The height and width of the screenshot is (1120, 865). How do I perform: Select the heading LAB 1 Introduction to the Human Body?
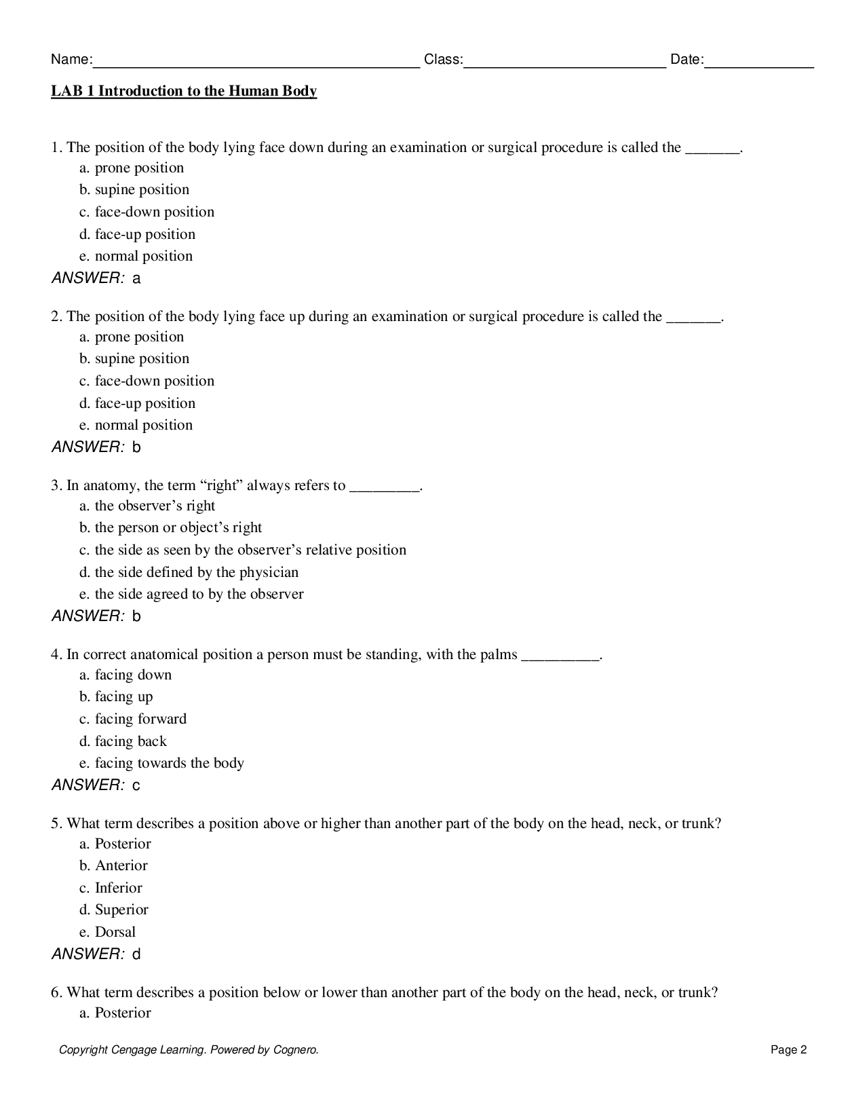pyautogui.click(x=184, y=91)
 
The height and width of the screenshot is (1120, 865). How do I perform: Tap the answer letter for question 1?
pyautogui.click(x=136, y=278)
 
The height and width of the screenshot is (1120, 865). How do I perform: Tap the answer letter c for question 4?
pyautogui.click(x=136, y=785)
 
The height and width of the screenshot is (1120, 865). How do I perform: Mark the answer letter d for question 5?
pyautogui.click(x=136, y=954)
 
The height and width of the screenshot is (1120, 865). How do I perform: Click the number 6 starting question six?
pyautogui.click(x=55, y=992)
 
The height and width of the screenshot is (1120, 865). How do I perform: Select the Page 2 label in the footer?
pyautogui.click(x=788, y=1050)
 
